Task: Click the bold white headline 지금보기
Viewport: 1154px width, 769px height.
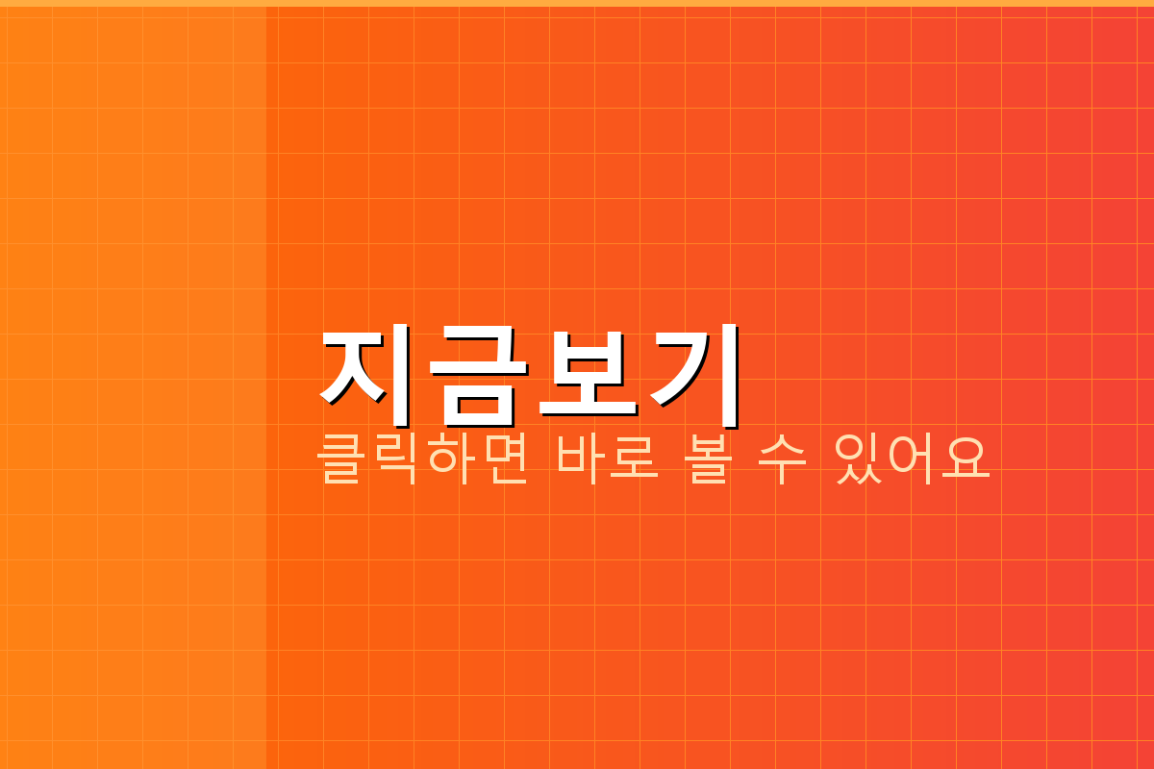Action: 530,375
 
